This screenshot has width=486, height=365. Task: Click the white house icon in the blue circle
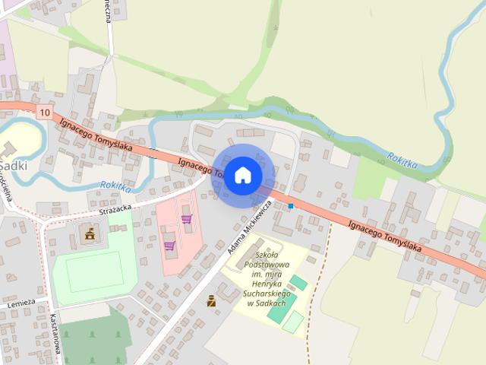tap(242, 176)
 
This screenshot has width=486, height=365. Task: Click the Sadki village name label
tap(14, 165)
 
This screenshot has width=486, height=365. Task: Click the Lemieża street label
tap(21, 303)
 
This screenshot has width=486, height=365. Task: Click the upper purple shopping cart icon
tap(186, 219)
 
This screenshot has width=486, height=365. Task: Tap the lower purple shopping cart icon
tap(169, 245)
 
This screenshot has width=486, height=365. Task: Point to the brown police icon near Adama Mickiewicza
tap(211, 301)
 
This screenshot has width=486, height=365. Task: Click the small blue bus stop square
tap(291, 205)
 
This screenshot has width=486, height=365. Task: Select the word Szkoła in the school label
tap(268, 255)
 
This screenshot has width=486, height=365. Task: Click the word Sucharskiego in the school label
tap(267, 293)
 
